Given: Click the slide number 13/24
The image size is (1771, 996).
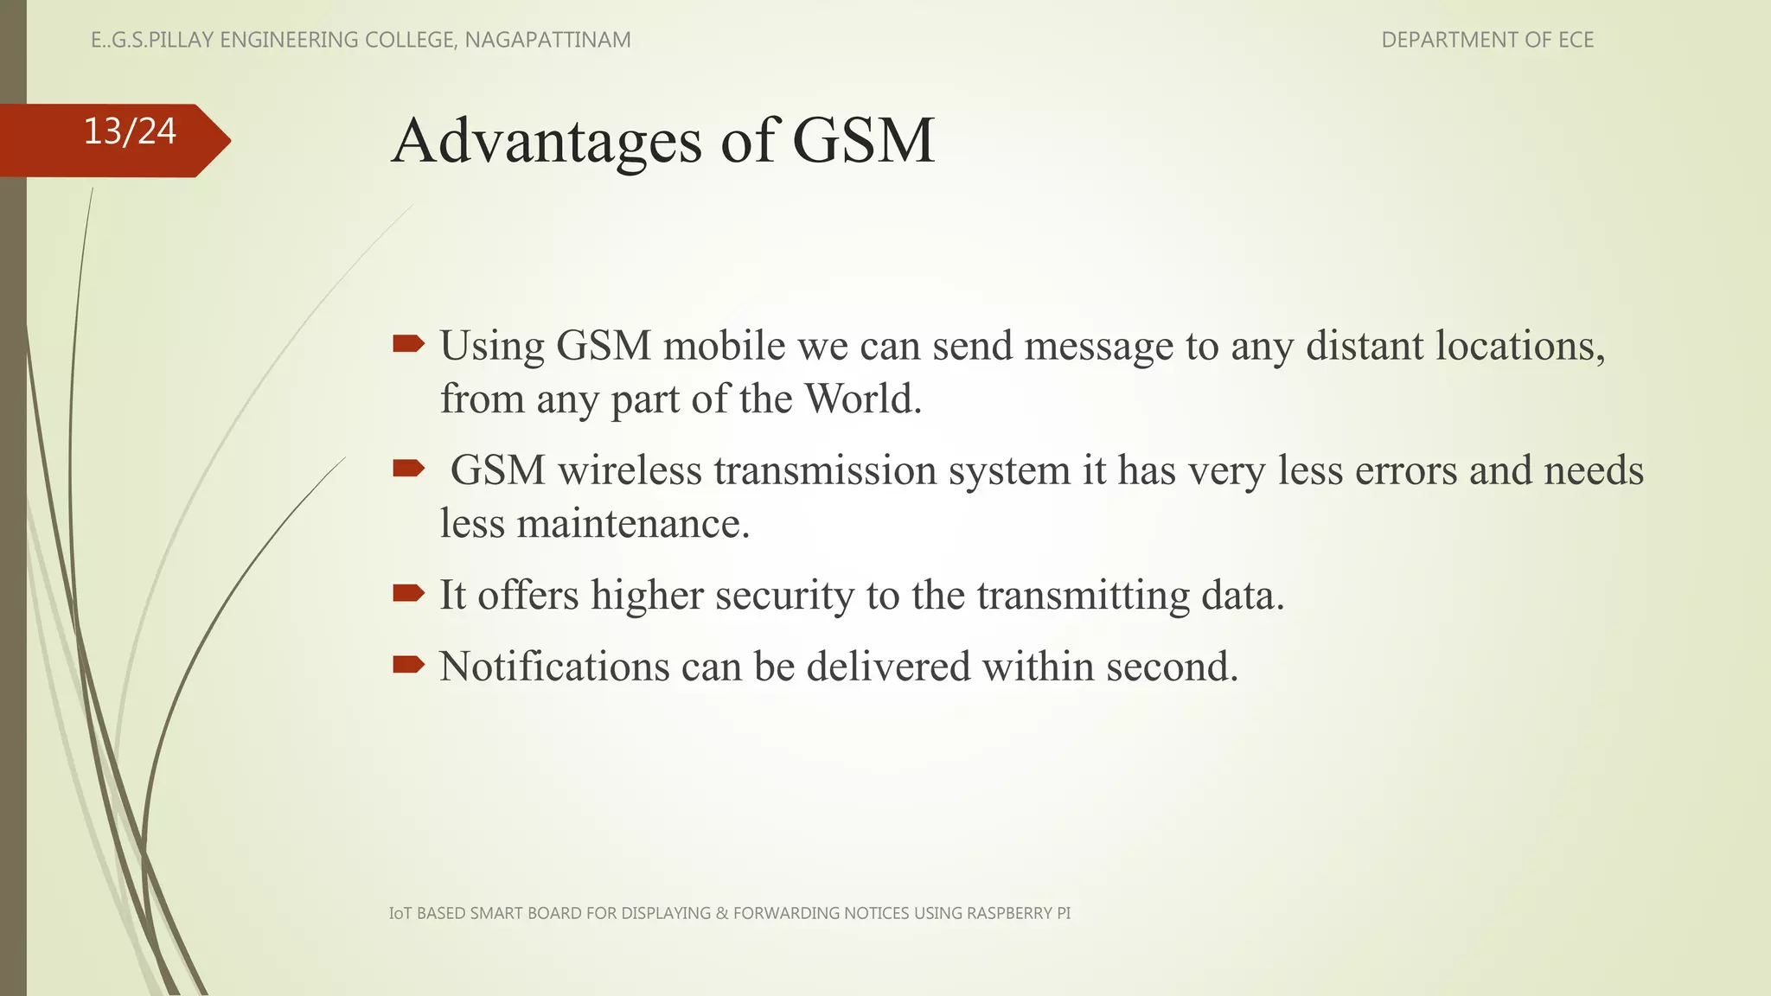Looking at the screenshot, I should [x=130, y=131].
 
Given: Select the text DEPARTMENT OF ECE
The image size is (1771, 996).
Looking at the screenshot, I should [x=1486, y=40].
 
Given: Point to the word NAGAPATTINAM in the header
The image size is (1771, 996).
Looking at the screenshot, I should [x=547, y=40].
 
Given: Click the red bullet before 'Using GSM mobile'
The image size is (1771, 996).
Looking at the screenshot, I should [x=408, y=345].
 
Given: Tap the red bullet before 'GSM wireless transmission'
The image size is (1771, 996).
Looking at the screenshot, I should [x=408, y=469].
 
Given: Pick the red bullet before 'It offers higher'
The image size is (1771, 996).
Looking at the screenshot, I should [x=408, y=593].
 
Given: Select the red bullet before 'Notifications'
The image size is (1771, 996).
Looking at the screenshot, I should [x=408, y=665].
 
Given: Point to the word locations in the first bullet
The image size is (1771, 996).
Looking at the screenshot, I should [x=1519, y=345].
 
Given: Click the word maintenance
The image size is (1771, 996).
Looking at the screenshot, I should [x=632, y=523].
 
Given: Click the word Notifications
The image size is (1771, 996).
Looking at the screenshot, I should [x=554, y=666].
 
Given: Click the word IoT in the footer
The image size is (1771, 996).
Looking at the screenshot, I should [x=400, y=913].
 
